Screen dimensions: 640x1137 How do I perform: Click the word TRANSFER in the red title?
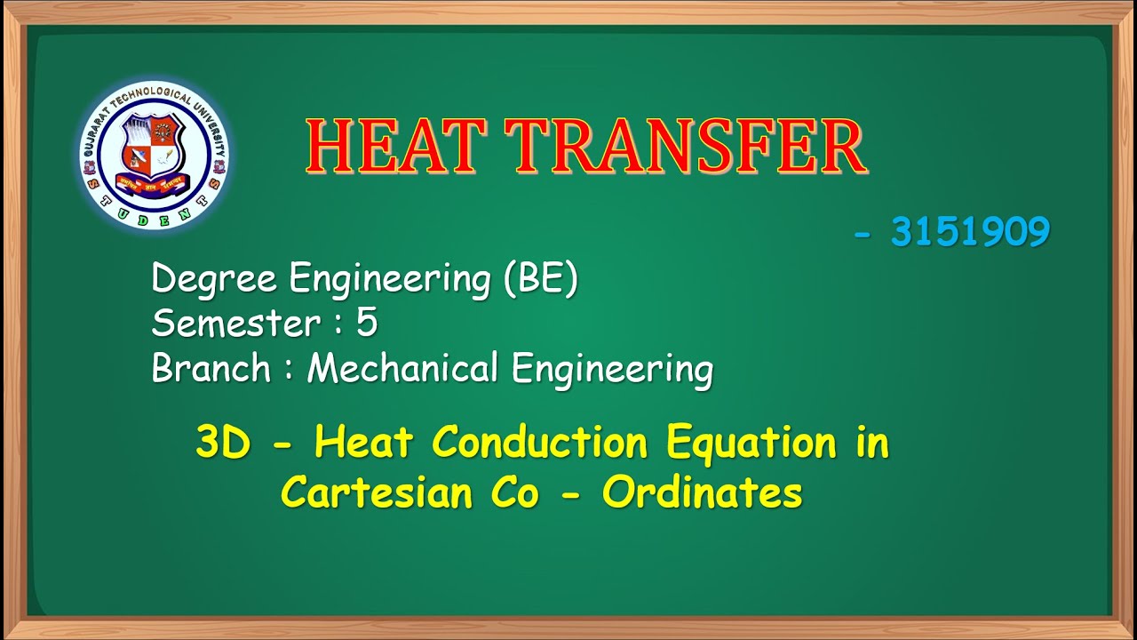pos(688,147)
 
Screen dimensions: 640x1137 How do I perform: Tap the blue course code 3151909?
pos(970,233)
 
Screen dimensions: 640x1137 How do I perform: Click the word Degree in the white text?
pos(215,280)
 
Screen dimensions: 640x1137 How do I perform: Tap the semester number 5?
pos(367,324)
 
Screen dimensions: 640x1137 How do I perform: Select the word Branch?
pos(211,368)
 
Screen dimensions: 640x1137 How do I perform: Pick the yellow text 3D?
pos(223,443)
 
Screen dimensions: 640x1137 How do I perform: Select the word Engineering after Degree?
pos(390,280)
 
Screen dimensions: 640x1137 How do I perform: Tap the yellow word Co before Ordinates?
pos(514,492)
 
